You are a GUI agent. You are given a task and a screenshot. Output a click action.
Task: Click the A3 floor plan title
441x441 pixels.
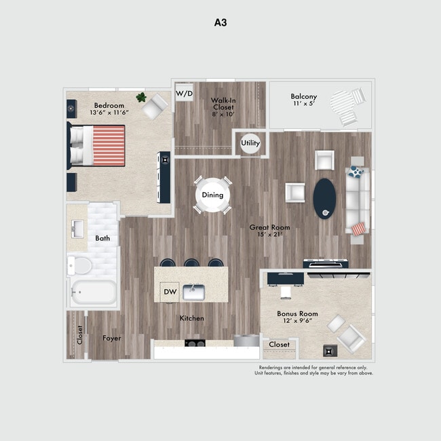pyautogui.click(x=220, y=22)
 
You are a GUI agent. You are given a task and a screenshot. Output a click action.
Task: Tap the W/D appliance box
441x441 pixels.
pyautogui.click(x=183, y=93)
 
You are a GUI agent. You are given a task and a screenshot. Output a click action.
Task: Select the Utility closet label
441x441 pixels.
pyautogui.click(x=250, y=143)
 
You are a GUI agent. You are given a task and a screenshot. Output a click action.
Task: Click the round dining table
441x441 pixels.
pyautogui.click(x=212, y=195)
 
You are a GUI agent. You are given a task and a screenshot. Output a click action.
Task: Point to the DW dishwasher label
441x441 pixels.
pyautogui.click(x=170, y=292)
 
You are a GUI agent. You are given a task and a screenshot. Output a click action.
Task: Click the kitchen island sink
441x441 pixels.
pyautogui.click(x=194, y=292)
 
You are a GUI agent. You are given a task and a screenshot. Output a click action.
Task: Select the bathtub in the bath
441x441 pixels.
pyautogui.click(x=94, y=294)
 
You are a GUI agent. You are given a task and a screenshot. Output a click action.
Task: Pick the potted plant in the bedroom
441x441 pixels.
pyautogui.click(x=142, y=98)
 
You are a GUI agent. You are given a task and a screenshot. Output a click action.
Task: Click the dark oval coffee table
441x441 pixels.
pyautogui.click(x=324, y=197)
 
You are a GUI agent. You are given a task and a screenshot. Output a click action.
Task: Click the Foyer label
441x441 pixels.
pyautogui.click(x=112, y=338)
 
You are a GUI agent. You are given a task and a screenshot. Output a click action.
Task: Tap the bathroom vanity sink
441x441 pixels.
pyautogui.click(x=77, y=227)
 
